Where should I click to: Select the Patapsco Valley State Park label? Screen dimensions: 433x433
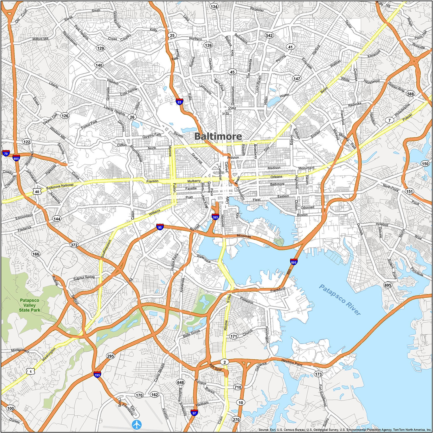(x=29, y=305)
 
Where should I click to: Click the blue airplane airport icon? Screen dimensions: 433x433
(x=137, y=425)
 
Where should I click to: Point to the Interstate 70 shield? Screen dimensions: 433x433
(x=6, y=153)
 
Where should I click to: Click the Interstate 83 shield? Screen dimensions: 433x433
(x=179, y=101)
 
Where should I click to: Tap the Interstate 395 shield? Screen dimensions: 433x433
(x=215, y=217)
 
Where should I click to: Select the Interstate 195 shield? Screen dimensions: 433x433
(x=97, y=375)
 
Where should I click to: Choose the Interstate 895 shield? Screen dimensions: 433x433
(x=294, y=262)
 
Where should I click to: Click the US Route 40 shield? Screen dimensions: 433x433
(x=37, y=191)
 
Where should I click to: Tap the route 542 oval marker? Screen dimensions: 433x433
(x=269, y=36)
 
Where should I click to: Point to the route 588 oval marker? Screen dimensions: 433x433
(x=410, y=94)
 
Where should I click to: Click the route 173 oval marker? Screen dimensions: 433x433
(x=318, y=374)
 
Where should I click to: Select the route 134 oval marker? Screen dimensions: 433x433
(x=214, y=6)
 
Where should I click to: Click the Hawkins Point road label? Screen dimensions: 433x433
(x=292, y=362)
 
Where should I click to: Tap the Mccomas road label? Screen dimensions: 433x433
(x=244, y=236)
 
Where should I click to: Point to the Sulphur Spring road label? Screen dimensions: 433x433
(x=84, y=277)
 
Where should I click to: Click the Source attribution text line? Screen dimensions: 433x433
(x=345, y=430)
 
